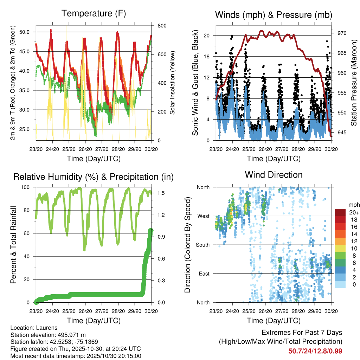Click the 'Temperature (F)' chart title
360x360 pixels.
[x=93, y=14]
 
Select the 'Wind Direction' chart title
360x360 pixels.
[x=274, y=175]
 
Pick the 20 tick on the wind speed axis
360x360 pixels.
[x=207, y=36]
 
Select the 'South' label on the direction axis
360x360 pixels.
[x=203, y=245]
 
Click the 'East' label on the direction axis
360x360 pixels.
[x=205, y=274]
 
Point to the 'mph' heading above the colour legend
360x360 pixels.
[x=353, y=205]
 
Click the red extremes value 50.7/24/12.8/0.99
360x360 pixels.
[x=315, y=351]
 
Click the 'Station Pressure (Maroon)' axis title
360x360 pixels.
[x=354, y=83]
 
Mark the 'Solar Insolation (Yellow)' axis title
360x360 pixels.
[x=173, y=83]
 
